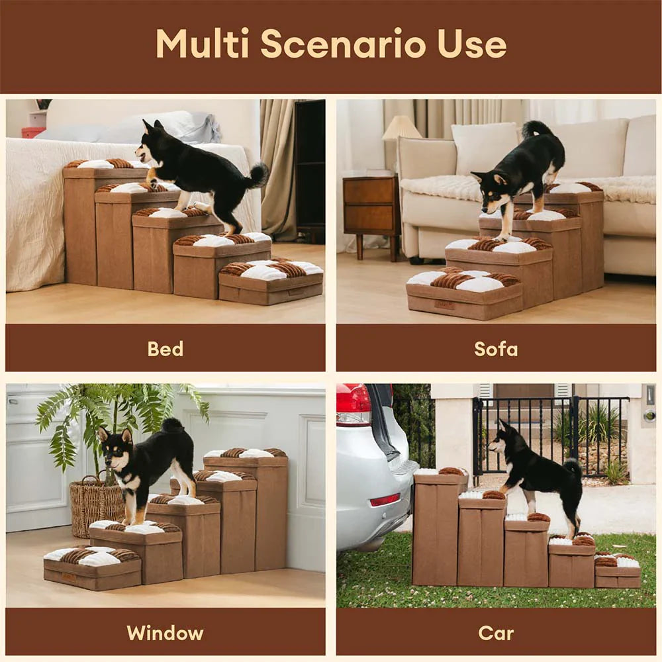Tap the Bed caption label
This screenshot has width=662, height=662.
point(165,348)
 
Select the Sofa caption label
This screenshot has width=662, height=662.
point(496,348)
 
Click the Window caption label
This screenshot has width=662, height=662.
point(165,632)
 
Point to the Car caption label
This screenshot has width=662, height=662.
point(496,632)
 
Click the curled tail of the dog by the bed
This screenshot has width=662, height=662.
point(258,175)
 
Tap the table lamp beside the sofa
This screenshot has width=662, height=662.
point(401,128)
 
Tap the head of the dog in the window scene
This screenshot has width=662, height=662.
point(114,446)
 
